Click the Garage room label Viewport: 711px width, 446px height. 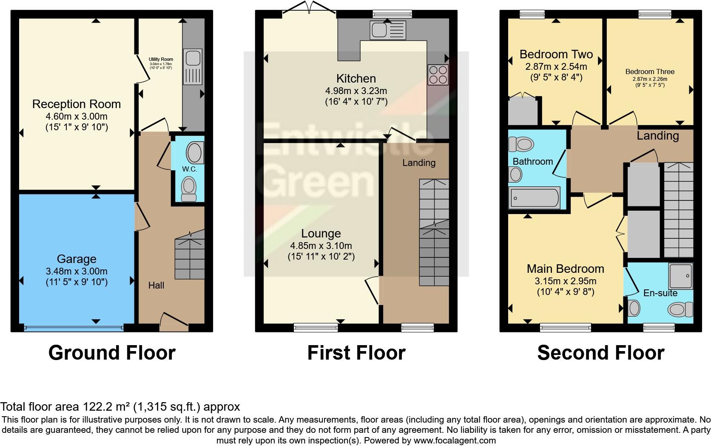[x=77, y=259]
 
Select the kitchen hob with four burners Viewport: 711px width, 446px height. [x=438, y=75]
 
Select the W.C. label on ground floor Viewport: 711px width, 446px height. [x=189, y=169]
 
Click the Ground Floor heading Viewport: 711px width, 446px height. [x=112, y=353]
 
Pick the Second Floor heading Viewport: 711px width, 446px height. [x=600, y=353]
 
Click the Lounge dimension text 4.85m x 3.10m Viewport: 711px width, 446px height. [x=321, y=246]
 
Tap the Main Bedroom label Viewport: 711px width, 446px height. [x=565, y=269]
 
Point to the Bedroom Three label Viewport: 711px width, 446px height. [x=650, y=71]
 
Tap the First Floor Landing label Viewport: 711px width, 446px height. [x=419, y=163]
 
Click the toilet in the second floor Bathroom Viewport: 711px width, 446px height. [x=521, y=144]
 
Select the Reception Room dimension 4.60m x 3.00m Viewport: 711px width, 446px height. [x=77, y=116]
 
